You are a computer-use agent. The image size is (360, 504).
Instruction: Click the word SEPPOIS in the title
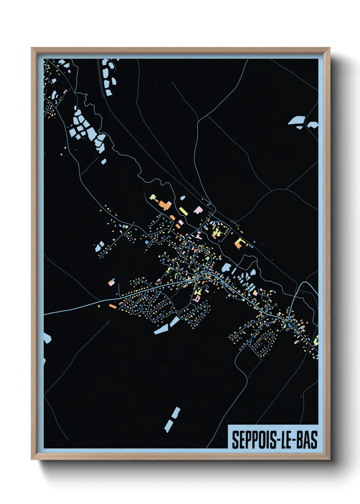pos(252,440)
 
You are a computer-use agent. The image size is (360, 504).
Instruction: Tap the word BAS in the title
pos(307,440)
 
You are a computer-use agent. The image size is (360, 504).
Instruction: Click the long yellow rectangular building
pos(183,211)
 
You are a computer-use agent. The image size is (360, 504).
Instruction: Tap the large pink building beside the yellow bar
pos(198,210)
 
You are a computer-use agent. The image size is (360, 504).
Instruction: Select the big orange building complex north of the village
pos(165,205)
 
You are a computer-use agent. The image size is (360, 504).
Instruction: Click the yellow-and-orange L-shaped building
pos(239,243)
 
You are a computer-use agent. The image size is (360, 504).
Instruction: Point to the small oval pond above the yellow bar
pos(183,198)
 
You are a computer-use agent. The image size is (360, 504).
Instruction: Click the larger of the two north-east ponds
pos(297,121)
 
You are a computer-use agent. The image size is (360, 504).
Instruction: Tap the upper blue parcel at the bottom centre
pos(176,413)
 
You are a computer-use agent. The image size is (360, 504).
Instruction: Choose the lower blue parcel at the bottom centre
pos(168,426)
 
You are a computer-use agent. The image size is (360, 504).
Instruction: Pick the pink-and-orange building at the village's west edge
pos(111,282)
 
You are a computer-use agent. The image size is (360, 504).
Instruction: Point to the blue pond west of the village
pos(100,246)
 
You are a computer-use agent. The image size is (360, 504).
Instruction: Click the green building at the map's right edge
pos(316,340)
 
